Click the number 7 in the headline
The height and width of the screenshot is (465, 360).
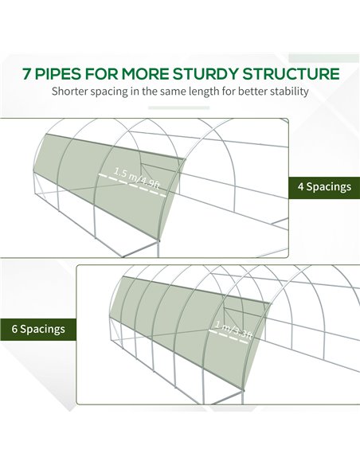[26, 74]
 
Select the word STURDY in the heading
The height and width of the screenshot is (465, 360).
[205, 74]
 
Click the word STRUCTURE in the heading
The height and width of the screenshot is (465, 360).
[291, 74]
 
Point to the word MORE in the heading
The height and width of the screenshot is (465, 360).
[144, 74]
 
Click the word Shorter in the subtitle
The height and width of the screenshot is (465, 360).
[70, 91]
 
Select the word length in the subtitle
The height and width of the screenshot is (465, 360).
[202, 92]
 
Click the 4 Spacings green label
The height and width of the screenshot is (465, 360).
[324, 187]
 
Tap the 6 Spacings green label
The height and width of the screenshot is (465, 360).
[38, 329]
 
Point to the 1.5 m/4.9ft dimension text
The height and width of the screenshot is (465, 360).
[137, 178]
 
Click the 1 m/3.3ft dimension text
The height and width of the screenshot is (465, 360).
[233, 329]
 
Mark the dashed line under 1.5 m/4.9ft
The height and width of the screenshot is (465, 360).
[132, 186]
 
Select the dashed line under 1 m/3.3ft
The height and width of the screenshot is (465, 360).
[229, 336]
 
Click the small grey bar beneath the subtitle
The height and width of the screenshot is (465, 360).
[179, 108]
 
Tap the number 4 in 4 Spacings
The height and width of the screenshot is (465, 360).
[301, 187]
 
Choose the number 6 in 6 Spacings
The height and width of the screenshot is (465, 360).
[14, 329]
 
